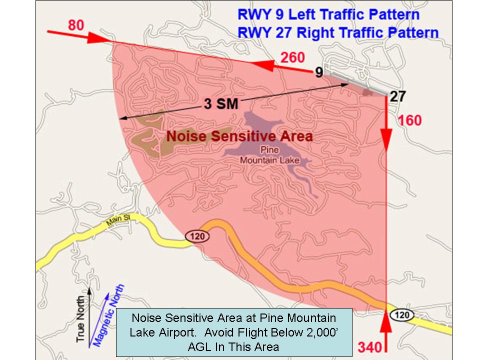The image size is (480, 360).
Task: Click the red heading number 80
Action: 75,24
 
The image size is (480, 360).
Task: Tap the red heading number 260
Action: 292,58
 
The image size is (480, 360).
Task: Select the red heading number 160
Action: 409,120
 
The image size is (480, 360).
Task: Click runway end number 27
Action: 398,96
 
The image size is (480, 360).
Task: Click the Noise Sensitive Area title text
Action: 239,136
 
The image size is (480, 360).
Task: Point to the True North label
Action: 81,319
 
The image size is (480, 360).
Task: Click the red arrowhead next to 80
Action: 95,38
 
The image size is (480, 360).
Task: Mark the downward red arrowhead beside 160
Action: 386,136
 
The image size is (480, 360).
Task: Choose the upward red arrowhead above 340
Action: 385,323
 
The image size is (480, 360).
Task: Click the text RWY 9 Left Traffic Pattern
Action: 328,13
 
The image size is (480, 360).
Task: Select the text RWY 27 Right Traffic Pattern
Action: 338,33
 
